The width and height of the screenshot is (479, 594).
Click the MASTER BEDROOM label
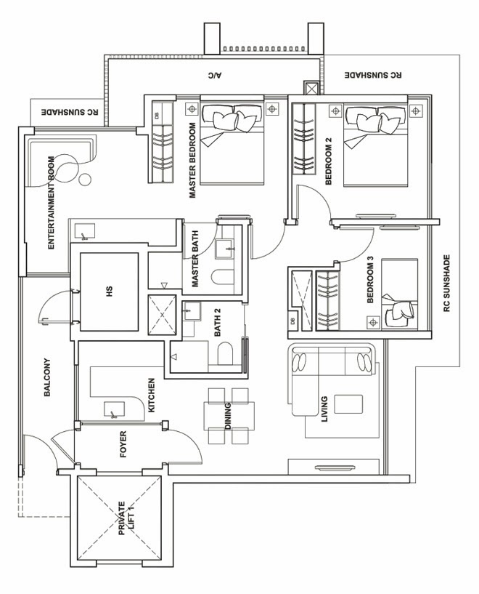click(194, 161)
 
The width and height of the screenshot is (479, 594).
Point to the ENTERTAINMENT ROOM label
click(52, 203)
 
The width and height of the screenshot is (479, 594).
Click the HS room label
click(110, 292)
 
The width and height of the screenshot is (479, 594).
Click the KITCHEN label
click(152, 396)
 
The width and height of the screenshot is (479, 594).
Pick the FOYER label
click(122, 445)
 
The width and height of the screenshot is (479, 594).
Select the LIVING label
click(324, 409)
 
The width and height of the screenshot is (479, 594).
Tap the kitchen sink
click(113, 411)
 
